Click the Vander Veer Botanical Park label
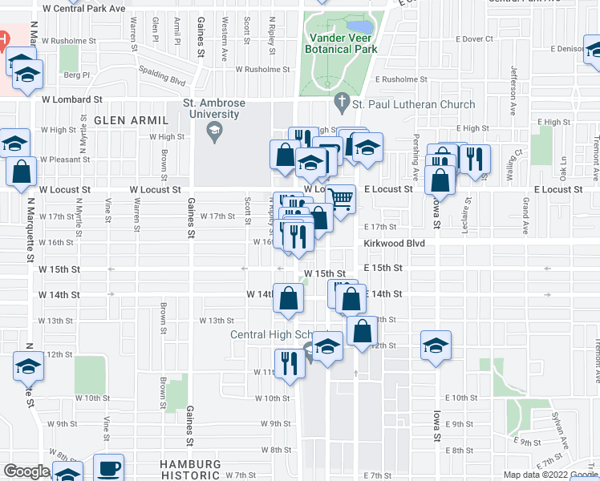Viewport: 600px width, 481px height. (x=341, y=42)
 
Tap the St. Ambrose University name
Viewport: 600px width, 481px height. (x=211, y=108)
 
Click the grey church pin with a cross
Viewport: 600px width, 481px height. (x=340, y=103)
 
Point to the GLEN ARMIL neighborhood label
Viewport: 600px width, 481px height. (x=131, y=120)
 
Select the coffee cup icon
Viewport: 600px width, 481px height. (x=108, y=467)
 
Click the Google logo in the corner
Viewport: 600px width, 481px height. (x=26, y=471)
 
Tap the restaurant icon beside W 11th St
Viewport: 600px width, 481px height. (x=286, y=362)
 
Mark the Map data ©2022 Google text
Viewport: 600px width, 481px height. (x=550, y=475)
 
